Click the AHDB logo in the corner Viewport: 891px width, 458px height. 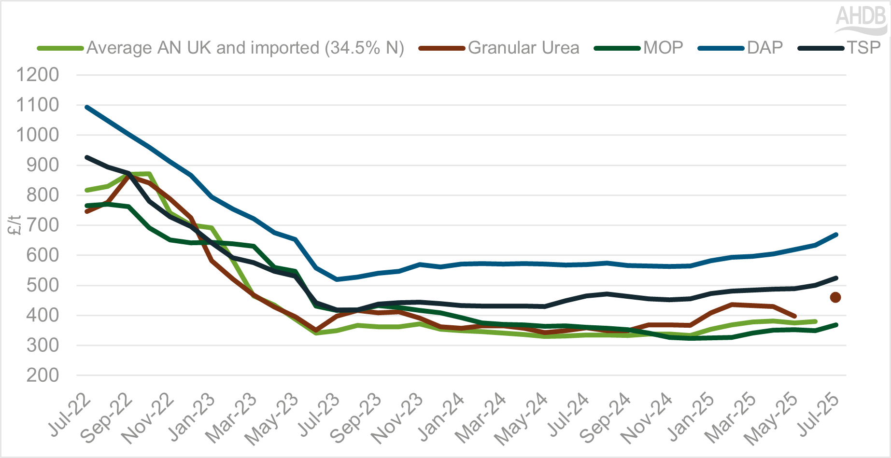(861, 19)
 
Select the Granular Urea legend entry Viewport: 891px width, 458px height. (523, 48)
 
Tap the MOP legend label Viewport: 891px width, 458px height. (663, 48)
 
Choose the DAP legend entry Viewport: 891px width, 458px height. (764, 48)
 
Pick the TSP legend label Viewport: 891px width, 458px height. (864, 48)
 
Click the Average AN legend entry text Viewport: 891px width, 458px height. (245, 48)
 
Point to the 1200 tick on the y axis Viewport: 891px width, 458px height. (38, 75)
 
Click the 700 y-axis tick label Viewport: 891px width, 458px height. (38, 225)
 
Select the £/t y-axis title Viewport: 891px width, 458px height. (15, 225)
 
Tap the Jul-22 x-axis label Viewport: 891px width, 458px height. (70, 415)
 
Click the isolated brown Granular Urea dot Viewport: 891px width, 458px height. (835, 297)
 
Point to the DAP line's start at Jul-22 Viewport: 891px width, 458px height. (87, 107)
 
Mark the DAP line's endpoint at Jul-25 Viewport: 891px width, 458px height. (836, 235)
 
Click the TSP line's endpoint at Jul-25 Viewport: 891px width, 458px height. (836, 278)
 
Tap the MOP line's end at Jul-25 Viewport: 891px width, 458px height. (836, 325)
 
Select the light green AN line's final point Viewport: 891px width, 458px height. (815, 321)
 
